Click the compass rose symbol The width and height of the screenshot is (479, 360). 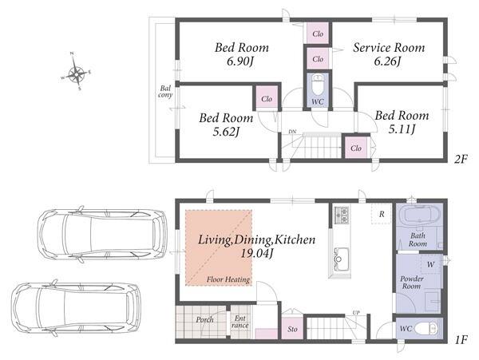tap(76, 72)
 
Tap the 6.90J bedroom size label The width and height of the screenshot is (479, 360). tap(240, 61)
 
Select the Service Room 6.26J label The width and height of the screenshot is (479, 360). tap(389, 54)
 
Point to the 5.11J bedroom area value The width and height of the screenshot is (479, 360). tap(402, 130)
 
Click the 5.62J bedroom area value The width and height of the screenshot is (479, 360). tap(226, 132)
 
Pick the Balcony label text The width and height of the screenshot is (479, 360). tap(165, 92)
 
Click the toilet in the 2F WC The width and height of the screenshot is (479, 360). tap(318, 85)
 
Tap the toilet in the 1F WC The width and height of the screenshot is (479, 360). tap(426, 329)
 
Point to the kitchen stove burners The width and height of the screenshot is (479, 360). tap(341, 216)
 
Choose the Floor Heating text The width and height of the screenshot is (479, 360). tap(228, 279)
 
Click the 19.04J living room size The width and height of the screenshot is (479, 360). tap(256, 253)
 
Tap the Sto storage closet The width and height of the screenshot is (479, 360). tap(292, 329)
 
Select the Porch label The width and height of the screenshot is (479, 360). tap(204, 320)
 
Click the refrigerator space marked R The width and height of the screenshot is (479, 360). tap(382, 214)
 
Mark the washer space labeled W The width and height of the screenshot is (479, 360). tap(430, 264)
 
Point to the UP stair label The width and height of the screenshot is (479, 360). tap(356, 312)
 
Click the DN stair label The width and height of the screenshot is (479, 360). tap(292, 132)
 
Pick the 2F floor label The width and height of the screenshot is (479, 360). tap(461, 159)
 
